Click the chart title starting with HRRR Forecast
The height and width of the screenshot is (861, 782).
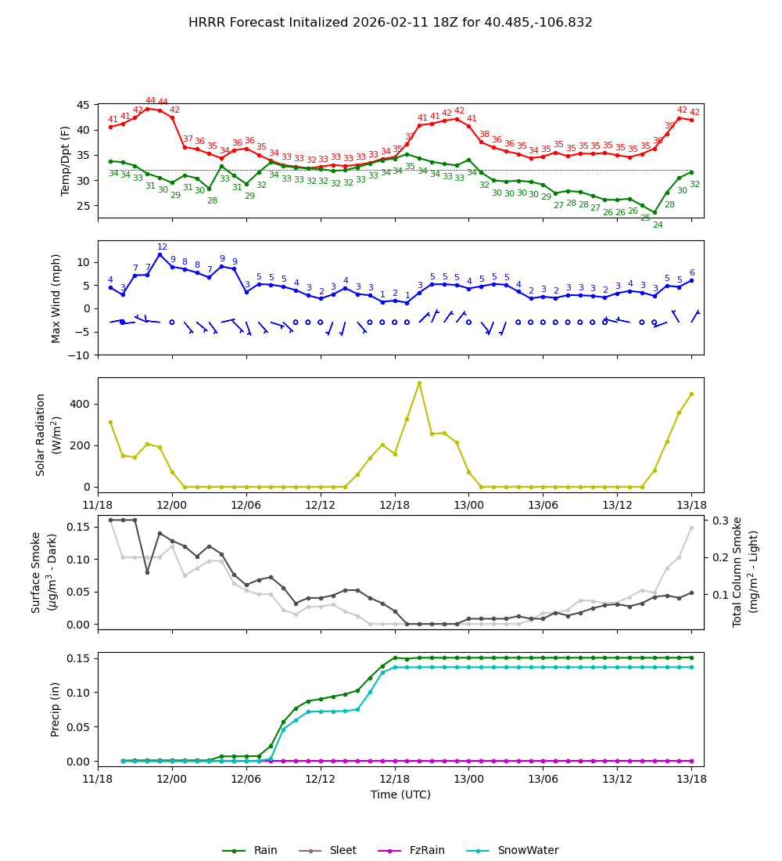point(390,23)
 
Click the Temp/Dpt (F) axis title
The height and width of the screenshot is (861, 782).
point(66,160)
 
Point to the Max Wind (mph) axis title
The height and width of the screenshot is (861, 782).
point(56,297)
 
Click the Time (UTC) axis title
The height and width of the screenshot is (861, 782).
point(400,794)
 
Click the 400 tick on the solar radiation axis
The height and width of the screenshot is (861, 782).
point(79,404)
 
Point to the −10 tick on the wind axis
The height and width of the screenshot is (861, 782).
point(78,355)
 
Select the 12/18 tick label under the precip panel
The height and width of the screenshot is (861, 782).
point(394,780)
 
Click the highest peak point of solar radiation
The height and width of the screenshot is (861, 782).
point(419,383)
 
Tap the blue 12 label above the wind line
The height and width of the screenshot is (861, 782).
point(162,247)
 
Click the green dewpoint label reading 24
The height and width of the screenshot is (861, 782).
point(658,225)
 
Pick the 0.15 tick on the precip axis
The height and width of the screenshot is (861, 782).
point(79,657)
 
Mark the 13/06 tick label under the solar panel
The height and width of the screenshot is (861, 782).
point(543,506)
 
